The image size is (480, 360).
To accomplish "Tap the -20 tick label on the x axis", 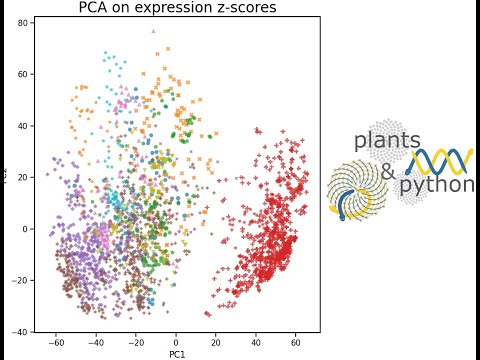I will click(135, 341).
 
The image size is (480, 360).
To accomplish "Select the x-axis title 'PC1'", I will click(176, 353).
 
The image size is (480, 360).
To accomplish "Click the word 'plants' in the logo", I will click(386, 141).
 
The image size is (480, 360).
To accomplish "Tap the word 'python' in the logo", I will click(436, 185).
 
